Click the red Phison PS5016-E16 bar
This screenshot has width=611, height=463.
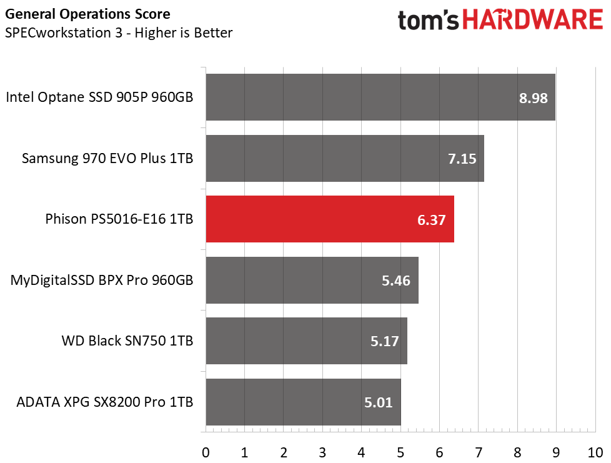pos(329,219)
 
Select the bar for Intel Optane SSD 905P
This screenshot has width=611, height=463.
pos(380,97)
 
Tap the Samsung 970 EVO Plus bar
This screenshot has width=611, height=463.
pos(344,158)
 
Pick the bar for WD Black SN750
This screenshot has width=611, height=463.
pos(306,341)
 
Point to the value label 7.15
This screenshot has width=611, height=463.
pos(463,159)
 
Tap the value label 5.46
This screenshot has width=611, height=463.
pos(396,281)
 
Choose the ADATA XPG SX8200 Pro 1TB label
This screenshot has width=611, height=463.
pos(105,402)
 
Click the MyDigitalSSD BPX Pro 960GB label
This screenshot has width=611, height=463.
pos(102,281)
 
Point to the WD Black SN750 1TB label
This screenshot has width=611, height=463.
pos(127,341)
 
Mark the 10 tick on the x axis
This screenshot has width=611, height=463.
pos(594,451)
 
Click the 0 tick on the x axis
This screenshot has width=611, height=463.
pos(206,451)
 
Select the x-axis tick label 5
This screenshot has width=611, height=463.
pos(400,451)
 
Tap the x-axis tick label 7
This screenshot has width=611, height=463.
pos(478,451)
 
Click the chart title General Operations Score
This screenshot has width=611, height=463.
pos(87,14)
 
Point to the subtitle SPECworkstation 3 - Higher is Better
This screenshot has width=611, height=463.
pos(119,32)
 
